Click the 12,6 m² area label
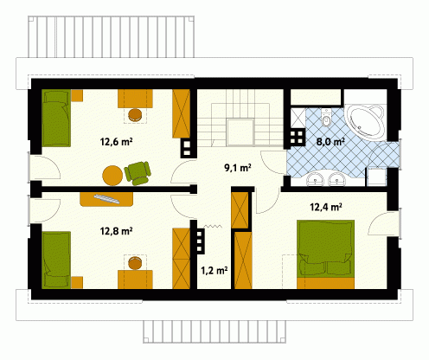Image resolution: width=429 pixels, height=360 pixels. tap(116, 142)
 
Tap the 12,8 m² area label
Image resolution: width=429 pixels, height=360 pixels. tap(116, 231)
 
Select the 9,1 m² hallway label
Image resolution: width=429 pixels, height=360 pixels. tap(238, 167)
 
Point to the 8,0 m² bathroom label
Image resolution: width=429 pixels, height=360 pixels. tap(330, 142)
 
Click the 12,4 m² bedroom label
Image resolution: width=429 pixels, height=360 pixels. tap(326, 207)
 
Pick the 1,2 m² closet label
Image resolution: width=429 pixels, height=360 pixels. tap(214, 270)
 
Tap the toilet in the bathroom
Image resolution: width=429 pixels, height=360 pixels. tap(327, 118)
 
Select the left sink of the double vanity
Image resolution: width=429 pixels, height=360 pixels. tap(316, 179)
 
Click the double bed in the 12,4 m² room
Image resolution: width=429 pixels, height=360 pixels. tap(325, 254)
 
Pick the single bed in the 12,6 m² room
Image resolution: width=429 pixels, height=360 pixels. tap(56, 118)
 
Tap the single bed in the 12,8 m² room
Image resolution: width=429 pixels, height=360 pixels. tap(56, 260)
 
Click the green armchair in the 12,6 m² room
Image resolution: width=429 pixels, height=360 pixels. tap(138, 173)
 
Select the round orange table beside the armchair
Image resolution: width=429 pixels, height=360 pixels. tap(112, 176)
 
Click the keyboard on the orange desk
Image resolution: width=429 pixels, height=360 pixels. tap(106, 199)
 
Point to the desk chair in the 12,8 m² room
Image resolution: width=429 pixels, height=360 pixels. tap(135, 263)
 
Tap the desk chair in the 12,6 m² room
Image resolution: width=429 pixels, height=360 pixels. tap(135, 114)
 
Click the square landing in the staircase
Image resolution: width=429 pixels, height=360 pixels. tap(240, 132)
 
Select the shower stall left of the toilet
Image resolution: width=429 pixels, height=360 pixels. tap(298, 119)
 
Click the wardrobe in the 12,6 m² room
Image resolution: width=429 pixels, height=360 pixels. tap(182, 113)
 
